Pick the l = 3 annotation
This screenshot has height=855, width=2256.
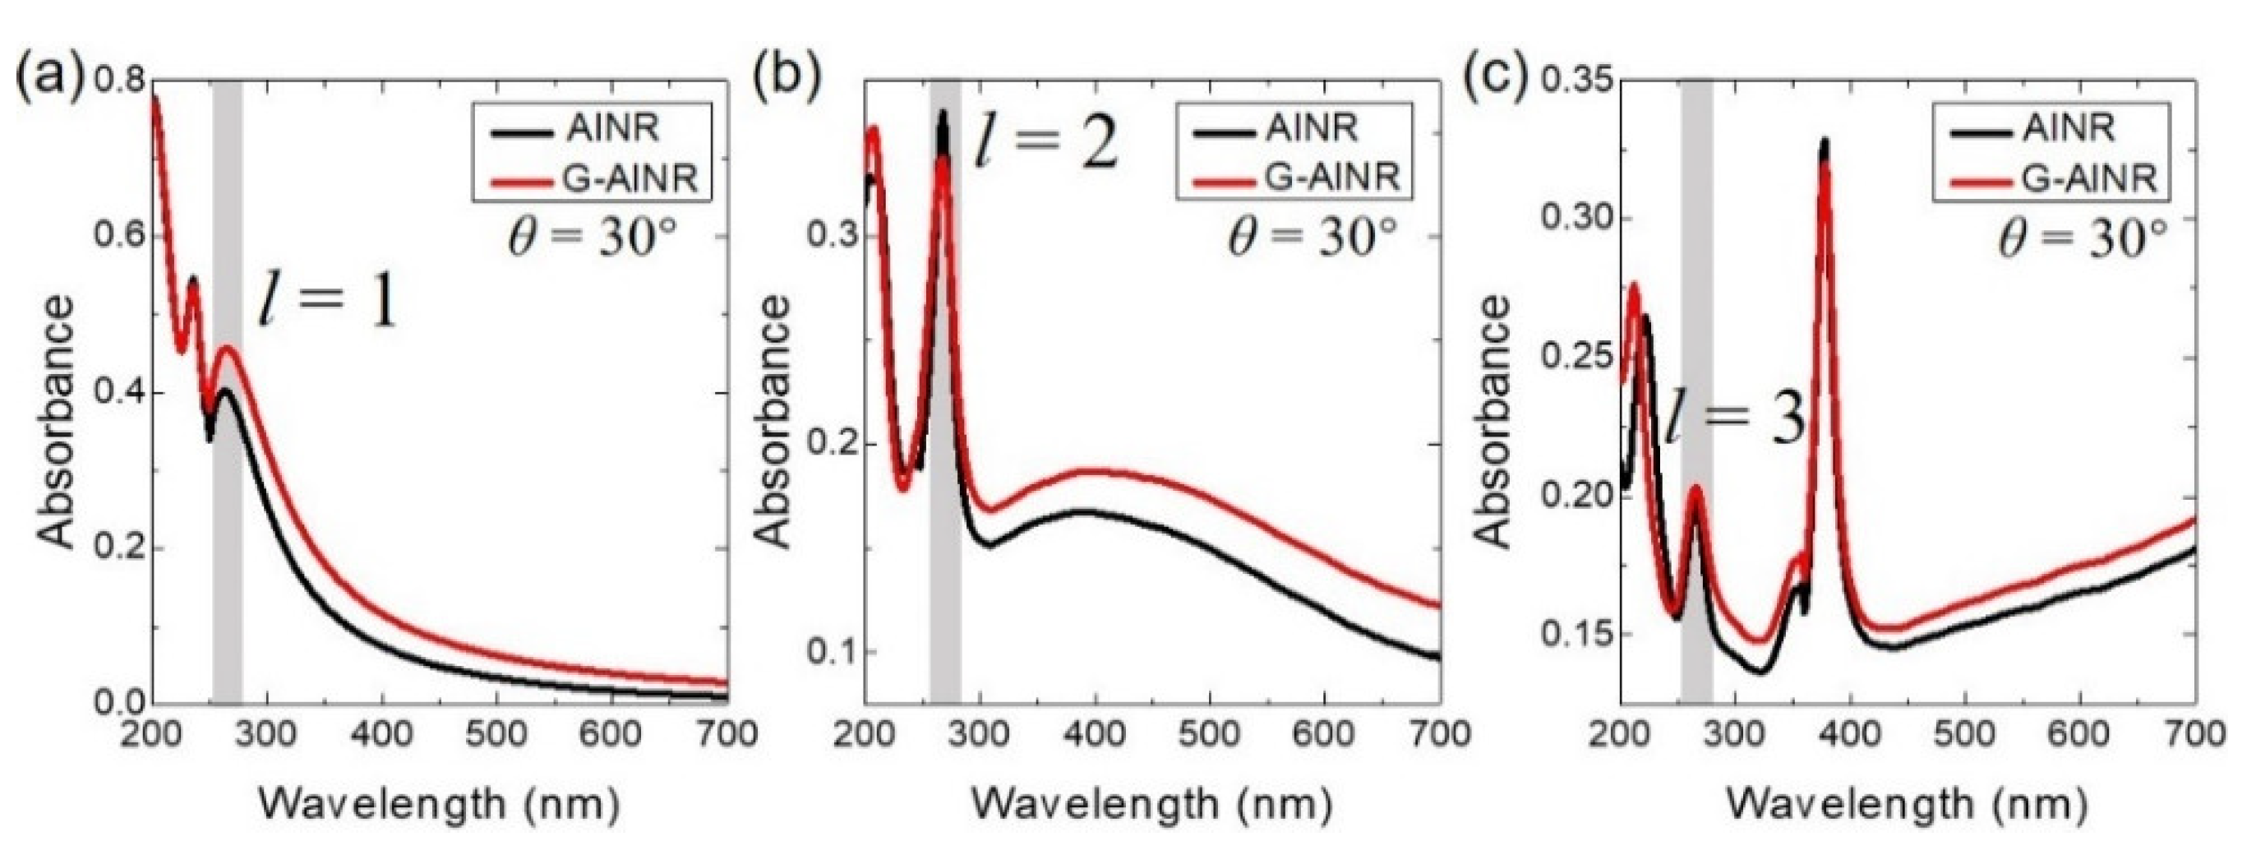click(1734, 418)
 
